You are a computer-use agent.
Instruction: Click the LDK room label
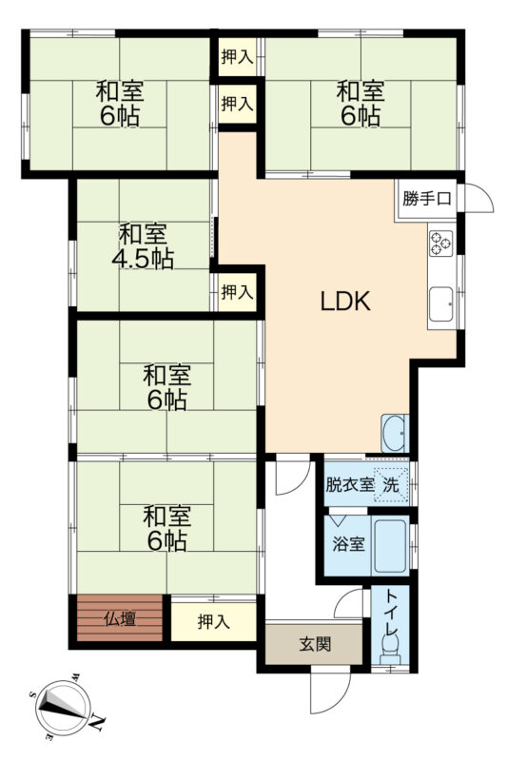[345, 301]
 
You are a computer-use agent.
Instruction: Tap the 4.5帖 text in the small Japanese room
[143, 259]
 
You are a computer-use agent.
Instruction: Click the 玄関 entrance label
[315, 644]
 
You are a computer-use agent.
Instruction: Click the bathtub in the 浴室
[390, 545]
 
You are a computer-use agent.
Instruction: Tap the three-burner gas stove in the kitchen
[441, 244]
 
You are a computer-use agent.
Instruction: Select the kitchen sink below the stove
[441, 303]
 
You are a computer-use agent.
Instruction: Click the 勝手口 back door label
[427, 199]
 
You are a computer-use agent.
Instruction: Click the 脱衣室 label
[349, 484]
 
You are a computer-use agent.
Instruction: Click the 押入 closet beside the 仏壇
[213, 622]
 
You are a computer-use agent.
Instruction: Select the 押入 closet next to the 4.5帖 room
[237, 292]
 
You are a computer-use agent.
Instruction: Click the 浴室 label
[348, 544]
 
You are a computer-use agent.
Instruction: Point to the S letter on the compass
[32, 694]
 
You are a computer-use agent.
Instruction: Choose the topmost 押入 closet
[237, 57]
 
